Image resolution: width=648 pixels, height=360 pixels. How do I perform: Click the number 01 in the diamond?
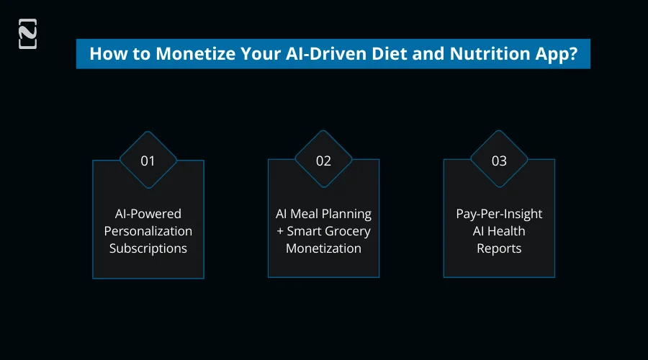pyautogui.click(x=148, y=161)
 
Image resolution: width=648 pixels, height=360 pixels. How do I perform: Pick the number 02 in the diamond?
pyautogui.click(x=324, y=161)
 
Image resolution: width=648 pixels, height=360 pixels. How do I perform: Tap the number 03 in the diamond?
pyautogui.click(x=499, y=161)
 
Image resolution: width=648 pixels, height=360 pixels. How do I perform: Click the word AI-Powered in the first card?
pyautogui.click(x=148, y=214)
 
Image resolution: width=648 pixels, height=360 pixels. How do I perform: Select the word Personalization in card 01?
pyautogui.click(x=148, y=231)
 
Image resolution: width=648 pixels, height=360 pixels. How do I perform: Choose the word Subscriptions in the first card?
pyautogui.click(x=148, y=248)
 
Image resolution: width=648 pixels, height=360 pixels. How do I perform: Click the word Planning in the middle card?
pyautogui.click(x=346, y=214)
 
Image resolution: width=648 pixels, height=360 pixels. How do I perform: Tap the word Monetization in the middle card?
pyautogui.click(x=324, y=248)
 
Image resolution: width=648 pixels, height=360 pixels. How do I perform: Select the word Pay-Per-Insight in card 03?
pyautogui.click(x=499, y=214)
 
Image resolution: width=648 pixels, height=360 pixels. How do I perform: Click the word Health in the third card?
pyautogui.click(x=507, y=231)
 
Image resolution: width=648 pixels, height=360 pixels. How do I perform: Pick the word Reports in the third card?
pyautogui.click(x=499, y=248)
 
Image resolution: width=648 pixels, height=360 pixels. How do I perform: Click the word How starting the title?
pyautogui.click(x=104, y=54)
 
